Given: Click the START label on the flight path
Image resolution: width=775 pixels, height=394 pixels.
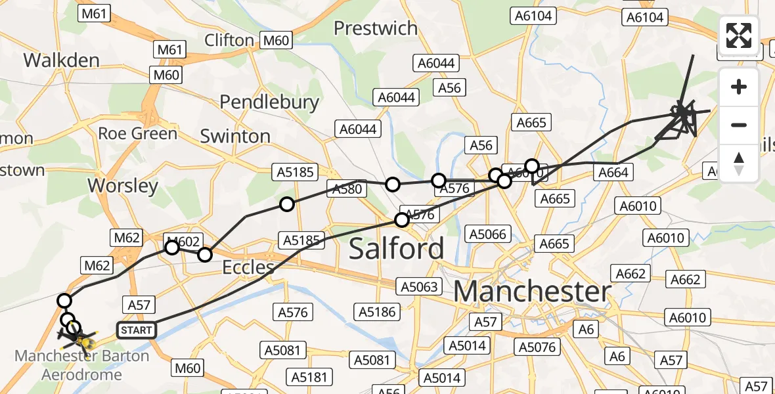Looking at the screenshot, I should (x=137, y=330).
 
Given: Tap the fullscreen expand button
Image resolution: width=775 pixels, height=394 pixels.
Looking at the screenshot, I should (x=739, y=35).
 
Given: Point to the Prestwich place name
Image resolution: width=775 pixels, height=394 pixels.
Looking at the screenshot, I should (x=376, y=28).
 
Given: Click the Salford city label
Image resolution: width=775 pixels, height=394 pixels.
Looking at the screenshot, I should (x=396, y=249).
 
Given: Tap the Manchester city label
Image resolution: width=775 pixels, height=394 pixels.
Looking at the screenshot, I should (x=532, y=291).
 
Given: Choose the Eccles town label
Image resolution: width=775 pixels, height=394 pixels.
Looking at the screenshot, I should (x=248, y=267).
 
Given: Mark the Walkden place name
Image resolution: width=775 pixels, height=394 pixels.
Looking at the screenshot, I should (x=62, y=60).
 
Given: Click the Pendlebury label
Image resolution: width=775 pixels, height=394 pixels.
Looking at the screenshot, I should (x=269, y=102).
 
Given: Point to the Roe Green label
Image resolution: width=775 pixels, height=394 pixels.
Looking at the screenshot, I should (x=137, y=133).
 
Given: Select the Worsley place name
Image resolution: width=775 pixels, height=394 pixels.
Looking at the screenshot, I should (x=123, y=186).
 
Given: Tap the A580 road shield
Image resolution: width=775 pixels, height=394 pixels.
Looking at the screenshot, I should (x=347, y=189).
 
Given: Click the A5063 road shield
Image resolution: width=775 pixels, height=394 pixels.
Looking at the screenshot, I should (x=418, y=286).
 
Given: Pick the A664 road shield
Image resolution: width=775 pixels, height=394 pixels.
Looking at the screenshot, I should (x=613, y=173).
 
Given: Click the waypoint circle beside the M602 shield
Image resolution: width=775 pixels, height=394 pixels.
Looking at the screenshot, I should (x=172, y=247).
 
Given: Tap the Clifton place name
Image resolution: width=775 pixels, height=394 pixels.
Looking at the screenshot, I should (x=229, y=40).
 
